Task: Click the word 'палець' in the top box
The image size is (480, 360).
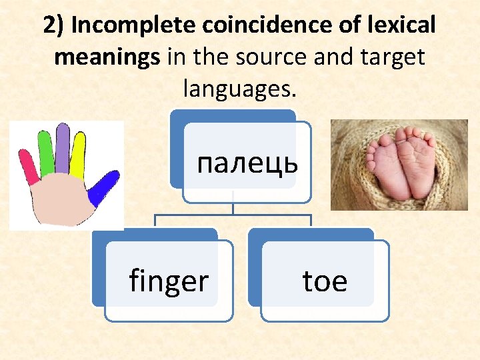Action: pos(247,162)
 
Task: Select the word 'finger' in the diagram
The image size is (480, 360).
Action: pos(169,281)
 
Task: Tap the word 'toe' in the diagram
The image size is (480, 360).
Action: pos(325,281)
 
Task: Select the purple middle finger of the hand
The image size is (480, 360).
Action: pos(62,148)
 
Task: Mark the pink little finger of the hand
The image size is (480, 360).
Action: pos(29,167)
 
